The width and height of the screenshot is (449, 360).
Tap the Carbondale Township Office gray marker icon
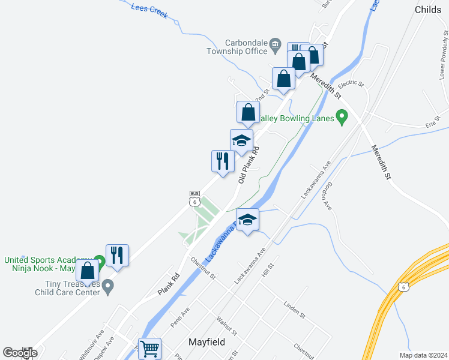pyautogui.click(x=275, y=43)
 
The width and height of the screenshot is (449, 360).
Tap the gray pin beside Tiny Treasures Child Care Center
pyautogui.click(x=108, y=286)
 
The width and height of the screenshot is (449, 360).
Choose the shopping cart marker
pyautogui.click(x=149, y=347)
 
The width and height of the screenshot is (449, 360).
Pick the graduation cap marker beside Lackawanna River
pyautogui.click(x=247, y=220)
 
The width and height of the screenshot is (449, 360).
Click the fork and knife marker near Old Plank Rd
pyautogui.click(x=222, y=161)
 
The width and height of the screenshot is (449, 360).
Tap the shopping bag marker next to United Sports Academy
pyautogui.click(x=88, y=271)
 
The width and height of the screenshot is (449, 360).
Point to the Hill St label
pyautogui.click(x=268, y=269)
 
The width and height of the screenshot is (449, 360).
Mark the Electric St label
pyautogui.click(x=351, y=84)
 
